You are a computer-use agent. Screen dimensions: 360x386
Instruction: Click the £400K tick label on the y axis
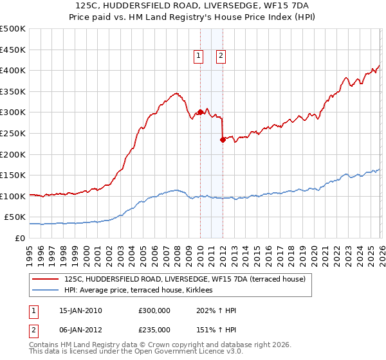13,70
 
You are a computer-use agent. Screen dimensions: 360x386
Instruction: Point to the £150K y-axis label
13,175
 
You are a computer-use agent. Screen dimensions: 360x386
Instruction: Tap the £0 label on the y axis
19,238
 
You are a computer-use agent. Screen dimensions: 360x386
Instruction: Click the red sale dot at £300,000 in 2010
200,112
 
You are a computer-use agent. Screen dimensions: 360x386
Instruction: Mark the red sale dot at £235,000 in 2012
223,139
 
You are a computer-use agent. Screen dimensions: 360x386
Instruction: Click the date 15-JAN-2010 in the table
80,310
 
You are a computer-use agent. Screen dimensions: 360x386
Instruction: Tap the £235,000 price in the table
154,329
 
